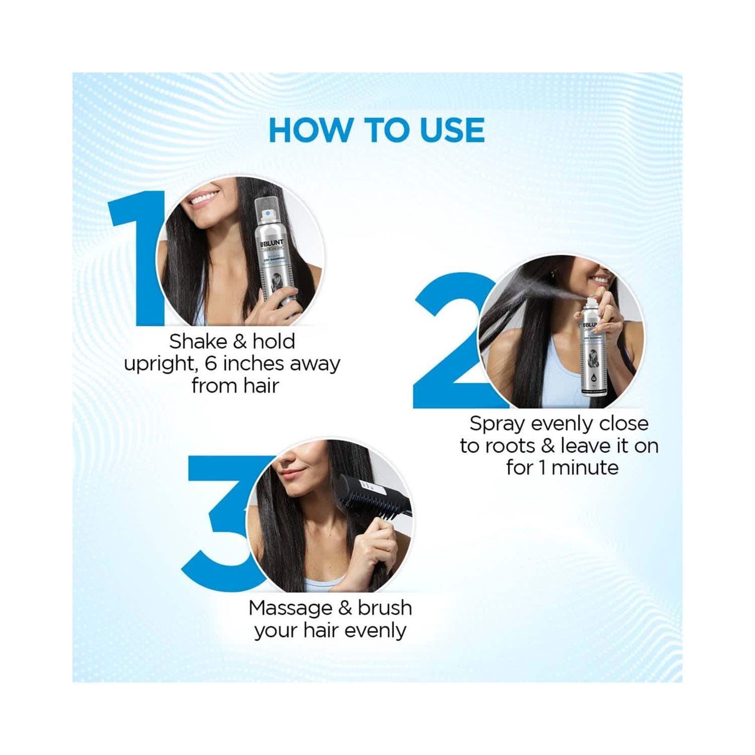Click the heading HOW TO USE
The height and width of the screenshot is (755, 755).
click(376, 131)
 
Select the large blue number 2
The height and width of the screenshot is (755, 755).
click(449, 345)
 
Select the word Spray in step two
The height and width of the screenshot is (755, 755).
click(497, 424)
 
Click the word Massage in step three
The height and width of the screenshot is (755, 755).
click(290, 608)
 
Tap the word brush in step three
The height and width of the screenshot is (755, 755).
click(385, 608)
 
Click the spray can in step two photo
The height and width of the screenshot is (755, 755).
click(593, 347)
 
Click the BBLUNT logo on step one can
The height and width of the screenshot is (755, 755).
click(273, 243)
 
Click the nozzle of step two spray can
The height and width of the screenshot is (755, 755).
click(590, 302)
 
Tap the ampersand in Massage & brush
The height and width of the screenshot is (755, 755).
click(345, 608)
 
